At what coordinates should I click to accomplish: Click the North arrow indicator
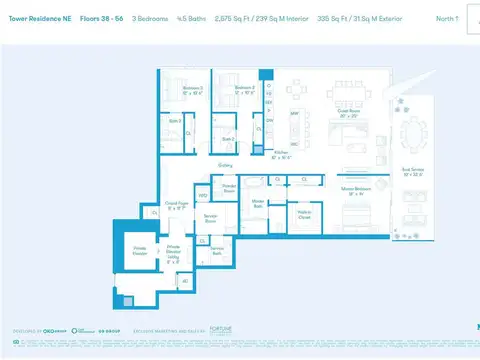click(x=449, y=18)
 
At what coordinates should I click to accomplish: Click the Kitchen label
click(x=283, y=156)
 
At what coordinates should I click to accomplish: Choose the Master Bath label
click(x=258, y=203)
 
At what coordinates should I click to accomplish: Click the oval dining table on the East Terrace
click(x=409, y=133)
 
